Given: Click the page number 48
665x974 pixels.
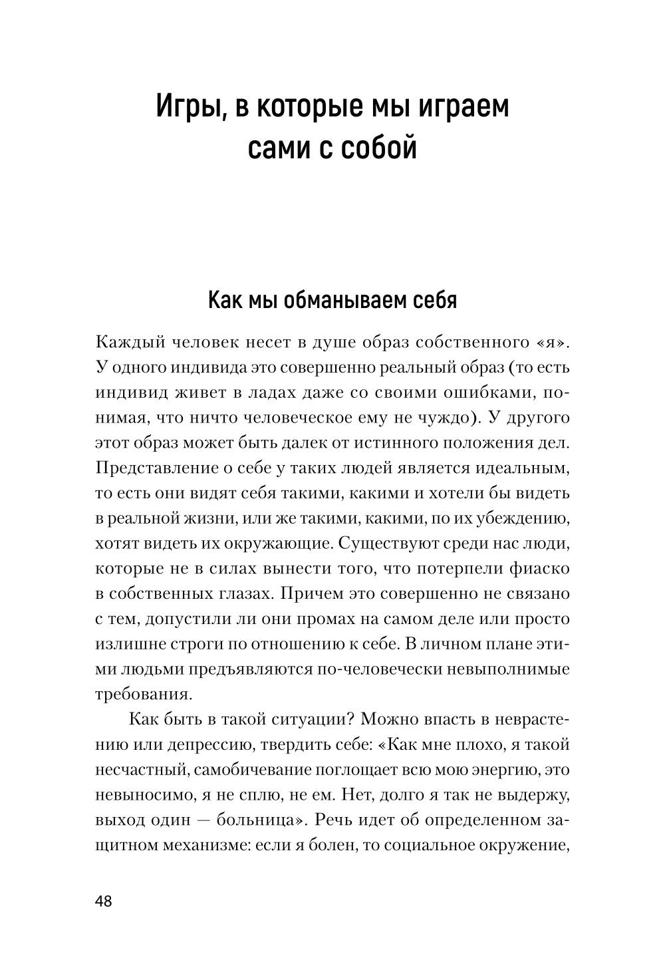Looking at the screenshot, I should click(104, 901).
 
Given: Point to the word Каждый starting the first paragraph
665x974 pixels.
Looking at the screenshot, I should click(131, 343).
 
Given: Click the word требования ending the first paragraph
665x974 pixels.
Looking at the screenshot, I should click(144, 694).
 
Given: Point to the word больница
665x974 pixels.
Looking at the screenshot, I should click(255, 820).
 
